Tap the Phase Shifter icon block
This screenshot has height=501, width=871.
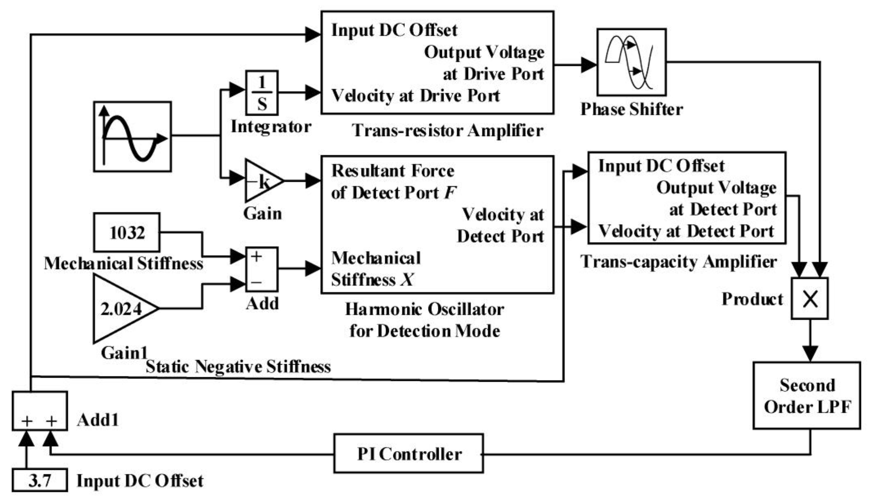[x=631, y=62]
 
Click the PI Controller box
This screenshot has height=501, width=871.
[x=408, y=453]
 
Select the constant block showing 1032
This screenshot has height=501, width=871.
[x=127, y=233]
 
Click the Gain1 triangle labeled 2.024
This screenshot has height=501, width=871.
[x=121, y=309]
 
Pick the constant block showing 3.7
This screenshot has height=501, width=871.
[x=40, y=480]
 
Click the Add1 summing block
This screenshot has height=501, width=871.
[x=40, y=410]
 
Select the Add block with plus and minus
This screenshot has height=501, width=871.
[x=262, y=269]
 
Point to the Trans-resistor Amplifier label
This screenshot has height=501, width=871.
[x=447, y=131]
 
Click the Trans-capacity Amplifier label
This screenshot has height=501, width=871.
[x=678, y=262]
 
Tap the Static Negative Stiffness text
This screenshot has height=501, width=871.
[x=238, y=366]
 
